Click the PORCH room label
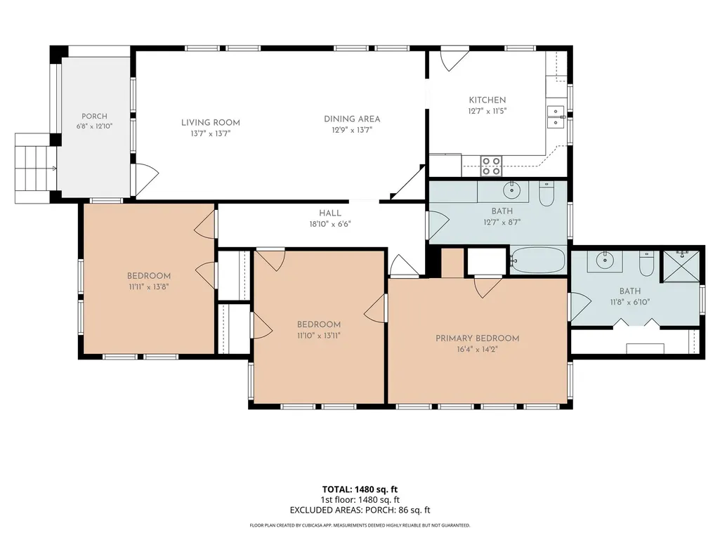click(95, 117)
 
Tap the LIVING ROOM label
click(210, 123)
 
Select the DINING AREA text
click(352, 119)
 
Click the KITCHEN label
click(487, 100)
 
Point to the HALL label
click(330, 213)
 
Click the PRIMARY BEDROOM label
click(478, 338)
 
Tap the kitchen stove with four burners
click(491, 166)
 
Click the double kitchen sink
click(556, 117)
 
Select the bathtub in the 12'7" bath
click(538, 261)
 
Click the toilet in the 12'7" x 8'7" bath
click(546, 195)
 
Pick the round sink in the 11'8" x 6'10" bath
click(605, 261)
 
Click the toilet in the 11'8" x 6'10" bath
click(646, 264)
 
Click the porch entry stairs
click(36, 168)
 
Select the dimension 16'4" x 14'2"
click(478, 350)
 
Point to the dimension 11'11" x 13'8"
click(149, 287)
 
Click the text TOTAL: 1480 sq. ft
click(360, 489)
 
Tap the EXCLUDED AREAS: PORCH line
click(360, 510)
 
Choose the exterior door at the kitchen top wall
click(454, 59)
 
